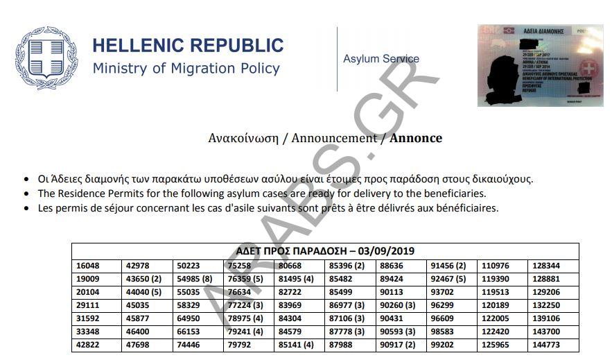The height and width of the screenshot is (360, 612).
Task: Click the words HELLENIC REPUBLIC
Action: (188, 46)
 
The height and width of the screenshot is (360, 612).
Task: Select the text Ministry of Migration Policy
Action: (186, 69)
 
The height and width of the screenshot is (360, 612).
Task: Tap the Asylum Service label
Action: (381, 59)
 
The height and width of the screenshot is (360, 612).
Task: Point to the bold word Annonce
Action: (416, 138)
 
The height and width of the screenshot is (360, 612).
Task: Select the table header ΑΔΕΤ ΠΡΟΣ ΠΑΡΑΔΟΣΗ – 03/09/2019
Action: (325, 251)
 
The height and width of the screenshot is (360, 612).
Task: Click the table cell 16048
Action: (88, 266)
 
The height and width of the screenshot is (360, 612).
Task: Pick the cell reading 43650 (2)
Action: (143, 279)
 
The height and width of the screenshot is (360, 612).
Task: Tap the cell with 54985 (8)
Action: (194, 279)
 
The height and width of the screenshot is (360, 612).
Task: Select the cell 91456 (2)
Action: (448, 266)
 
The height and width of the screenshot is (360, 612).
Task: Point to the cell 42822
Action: (88, 345)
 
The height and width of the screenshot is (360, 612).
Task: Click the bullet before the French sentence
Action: (26, 208)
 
